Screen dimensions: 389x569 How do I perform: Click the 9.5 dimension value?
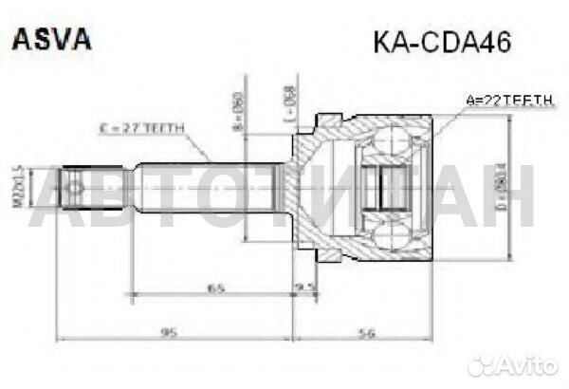305,283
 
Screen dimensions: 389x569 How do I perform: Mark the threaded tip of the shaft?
81,185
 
